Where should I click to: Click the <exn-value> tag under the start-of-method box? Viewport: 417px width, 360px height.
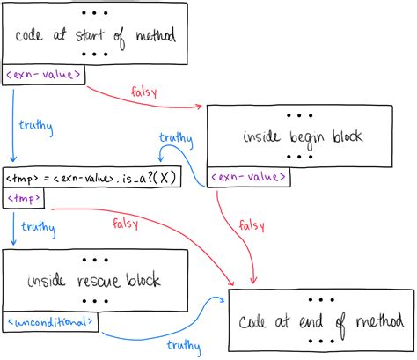pyautogui.click(x=44, y=76)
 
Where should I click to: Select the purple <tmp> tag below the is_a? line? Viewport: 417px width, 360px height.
pyautogui.click(x=23, y=199)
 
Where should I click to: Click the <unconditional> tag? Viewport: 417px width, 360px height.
pyautogui.click(x=50, y=322)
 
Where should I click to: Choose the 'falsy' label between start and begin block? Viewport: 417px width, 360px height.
pyautogui.click(x=144, y=91)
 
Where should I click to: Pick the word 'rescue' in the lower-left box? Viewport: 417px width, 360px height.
pyautogui.click(x=91, y=282)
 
